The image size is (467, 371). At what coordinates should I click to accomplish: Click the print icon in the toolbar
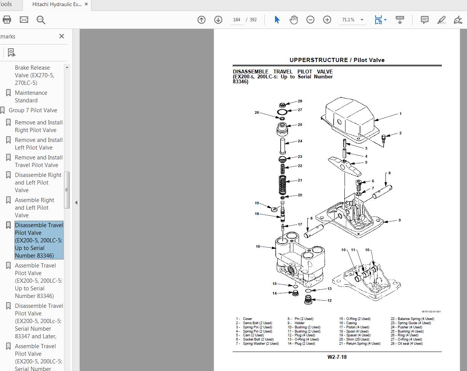[x=7, y=20]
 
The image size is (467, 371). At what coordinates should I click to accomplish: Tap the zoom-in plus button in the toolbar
[x=327, y=20]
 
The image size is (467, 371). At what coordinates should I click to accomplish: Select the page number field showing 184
[x=237, y=20]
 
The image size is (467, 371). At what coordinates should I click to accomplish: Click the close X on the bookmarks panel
[x=62, y=36]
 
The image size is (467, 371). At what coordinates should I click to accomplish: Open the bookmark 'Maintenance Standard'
[x=31, y=97]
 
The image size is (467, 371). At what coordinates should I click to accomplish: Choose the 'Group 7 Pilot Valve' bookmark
[x=33, y=110]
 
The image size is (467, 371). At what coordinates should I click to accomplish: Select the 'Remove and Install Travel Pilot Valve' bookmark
[x=38, y=161]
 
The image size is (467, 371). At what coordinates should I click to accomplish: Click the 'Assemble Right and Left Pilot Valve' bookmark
[x=34, y=208]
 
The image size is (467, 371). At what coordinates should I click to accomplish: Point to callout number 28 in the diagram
[x=300, y=101]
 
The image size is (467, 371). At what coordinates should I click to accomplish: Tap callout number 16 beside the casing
[x=258, y=247]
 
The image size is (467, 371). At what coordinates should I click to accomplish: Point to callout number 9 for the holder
[x=399, y=220]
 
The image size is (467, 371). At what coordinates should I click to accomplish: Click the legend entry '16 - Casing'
[x=348, y=323]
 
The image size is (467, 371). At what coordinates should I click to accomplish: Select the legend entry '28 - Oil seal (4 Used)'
[x=406, y=344]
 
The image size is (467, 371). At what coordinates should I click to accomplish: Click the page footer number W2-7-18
[x=337, y=357]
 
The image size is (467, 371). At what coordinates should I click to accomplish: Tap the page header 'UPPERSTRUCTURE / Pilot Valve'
[x=337, y=60]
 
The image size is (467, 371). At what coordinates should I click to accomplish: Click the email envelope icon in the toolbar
[x=24, y=20]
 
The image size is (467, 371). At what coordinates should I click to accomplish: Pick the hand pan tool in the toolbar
[x=293, y=20]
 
